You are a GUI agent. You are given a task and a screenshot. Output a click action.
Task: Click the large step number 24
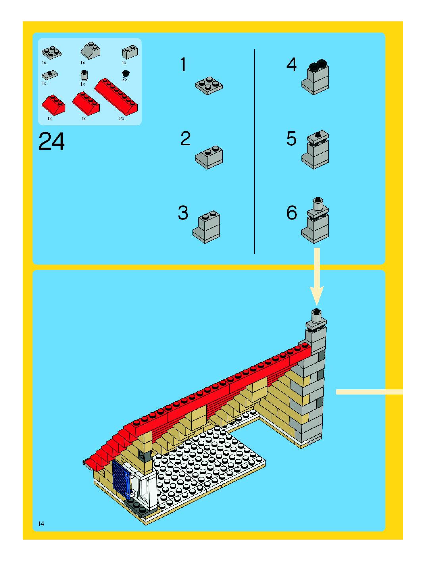[x=52, y=141]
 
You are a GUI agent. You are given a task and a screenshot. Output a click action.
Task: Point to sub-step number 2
[x=185, y=139]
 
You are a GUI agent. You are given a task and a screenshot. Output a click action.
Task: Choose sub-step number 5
[x=291, y=139]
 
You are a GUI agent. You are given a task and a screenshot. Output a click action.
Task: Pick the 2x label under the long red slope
[x=122, y=118]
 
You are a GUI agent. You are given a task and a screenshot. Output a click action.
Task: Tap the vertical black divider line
[x=254, y=151]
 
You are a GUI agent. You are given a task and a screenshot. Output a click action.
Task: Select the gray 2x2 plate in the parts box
[x=52, y=53]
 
